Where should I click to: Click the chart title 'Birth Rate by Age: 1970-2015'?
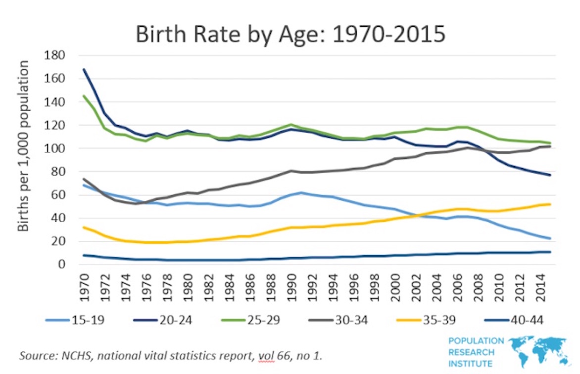[290, 35]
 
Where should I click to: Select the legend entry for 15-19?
[75, 320]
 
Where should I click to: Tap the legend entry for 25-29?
[251, 320]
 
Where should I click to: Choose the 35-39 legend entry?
[426, 320]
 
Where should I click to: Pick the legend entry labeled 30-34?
[338, 320]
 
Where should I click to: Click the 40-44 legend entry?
[514, 320]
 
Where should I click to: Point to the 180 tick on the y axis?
[54, 55]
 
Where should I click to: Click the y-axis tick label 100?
[54, 148]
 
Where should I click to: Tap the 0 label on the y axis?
[61, 264]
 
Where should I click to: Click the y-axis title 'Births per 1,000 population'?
[23, 146]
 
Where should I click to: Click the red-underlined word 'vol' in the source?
[267, 356]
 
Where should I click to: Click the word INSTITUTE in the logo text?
[471, 364]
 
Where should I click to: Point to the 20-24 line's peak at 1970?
[84, 69]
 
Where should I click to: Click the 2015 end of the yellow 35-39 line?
[550, 204]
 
